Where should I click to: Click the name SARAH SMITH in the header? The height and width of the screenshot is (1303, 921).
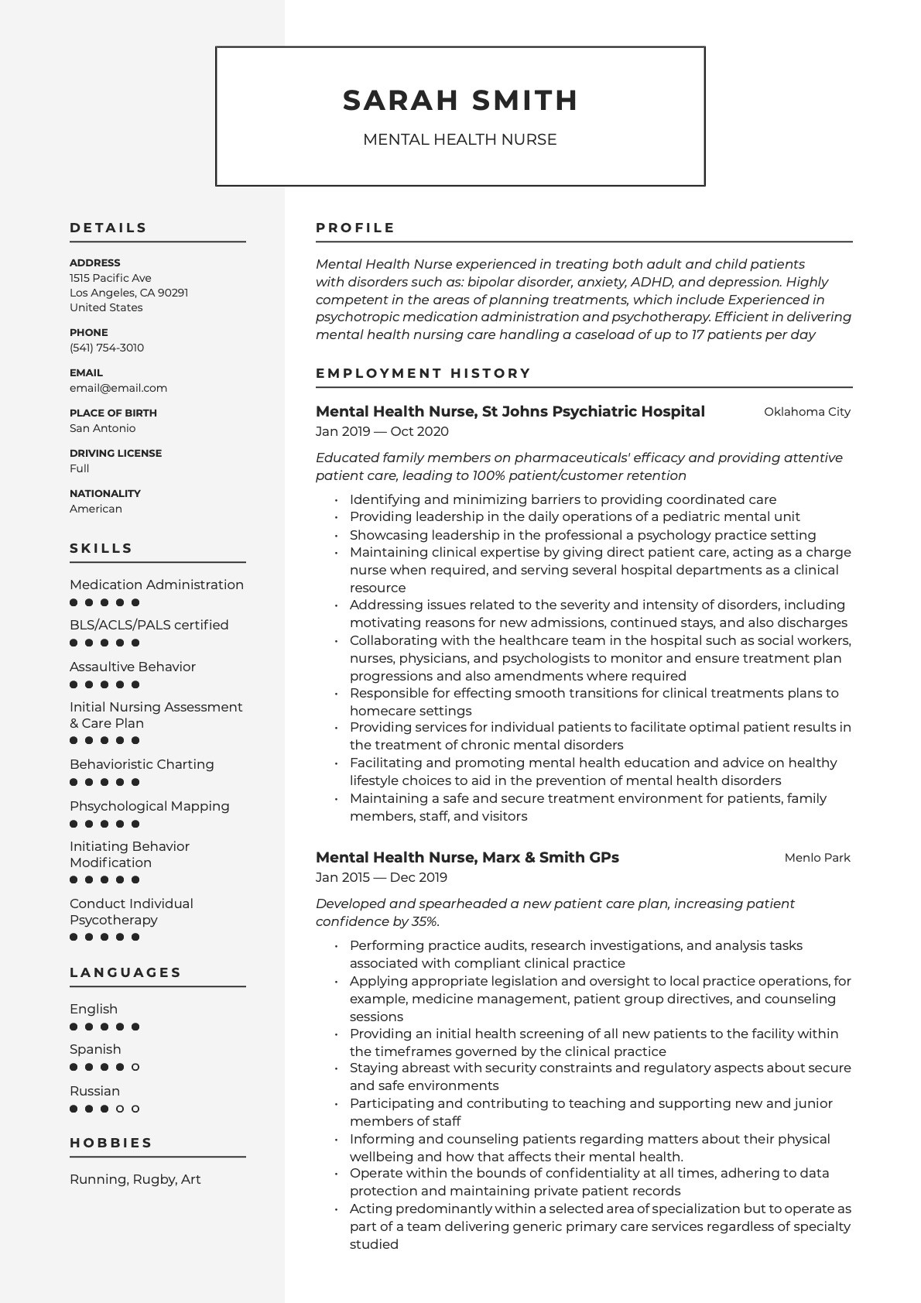460,101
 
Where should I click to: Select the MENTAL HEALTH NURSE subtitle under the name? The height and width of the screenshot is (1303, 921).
460,140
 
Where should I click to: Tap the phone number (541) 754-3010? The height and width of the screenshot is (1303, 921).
107,348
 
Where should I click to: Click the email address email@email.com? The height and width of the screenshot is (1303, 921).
118,388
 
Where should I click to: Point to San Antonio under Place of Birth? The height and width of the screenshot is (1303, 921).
102,428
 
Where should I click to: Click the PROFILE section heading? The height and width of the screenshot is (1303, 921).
355,228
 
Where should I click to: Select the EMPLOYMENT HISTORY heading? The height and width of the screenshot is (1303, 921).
423,373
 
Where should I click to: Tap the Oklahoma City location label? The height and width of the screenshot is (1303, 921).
806,412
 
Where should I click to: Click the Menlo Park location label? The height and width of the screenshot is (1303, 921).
817,858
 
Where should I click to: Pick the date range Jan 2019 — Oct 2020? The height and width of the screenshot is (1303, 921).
382,432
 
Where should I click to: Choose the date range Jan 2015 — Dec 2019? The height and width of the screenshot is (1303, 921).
382,878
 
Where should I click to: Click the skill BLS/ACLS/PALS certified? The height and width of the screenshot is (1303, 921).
149,625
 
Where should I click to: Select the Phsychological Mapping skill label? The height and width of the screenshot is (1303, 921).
149,806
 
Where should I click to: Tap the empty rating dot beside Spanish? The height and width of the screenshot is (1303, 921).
135,1067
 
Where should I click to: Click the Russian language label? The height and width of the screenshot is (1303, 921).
94,1091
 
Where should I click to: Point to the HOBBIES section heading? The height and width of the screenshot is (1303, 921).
111,1143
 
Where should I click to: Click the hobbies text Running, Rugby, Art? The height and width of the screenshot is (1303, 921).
135,1179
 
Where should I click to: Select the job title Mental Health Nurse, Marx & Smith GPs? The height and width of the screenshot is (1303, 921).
467,858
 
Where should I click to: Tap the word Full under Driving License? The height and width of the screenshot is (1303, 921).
80,468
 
